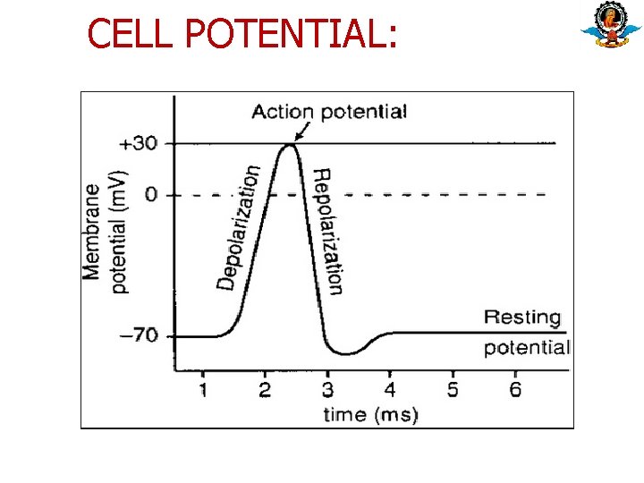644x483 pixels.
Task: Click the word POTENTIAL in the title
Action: click(285, 34)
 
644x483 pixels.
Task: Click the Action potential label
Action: click(329, 112)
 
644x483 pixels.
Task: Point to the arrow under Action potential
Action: click(301, 132)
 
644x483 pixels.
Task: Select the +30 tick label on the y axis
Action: click(140, 143)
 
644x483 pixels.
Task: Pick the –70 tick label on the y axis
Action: click(139, 336)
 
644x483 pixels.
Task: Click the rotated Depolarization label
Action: click(239, 227)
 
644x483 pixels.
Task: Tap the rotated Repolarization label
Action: click(327, 231)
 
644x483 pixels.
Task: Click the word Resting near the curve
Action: click(522, 318)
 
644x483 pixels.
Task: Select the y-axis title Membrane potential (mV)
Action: click(106, 231)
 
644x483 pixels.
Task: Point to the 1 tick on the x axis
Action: click(203, 389)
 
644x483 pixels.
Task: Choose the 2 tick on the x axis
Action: click(266, 389)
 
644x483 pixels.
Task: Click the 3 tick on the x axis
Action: click(327, 389)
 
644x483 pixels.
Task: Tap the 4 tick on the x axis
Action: click(390, 389)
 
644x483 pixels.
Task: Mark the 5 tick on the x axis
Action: click(453, 389)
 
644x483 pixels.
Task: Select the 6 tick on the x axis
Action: click(515, 389)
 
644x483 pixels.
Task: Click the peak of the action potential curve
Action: click(288, 145)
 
